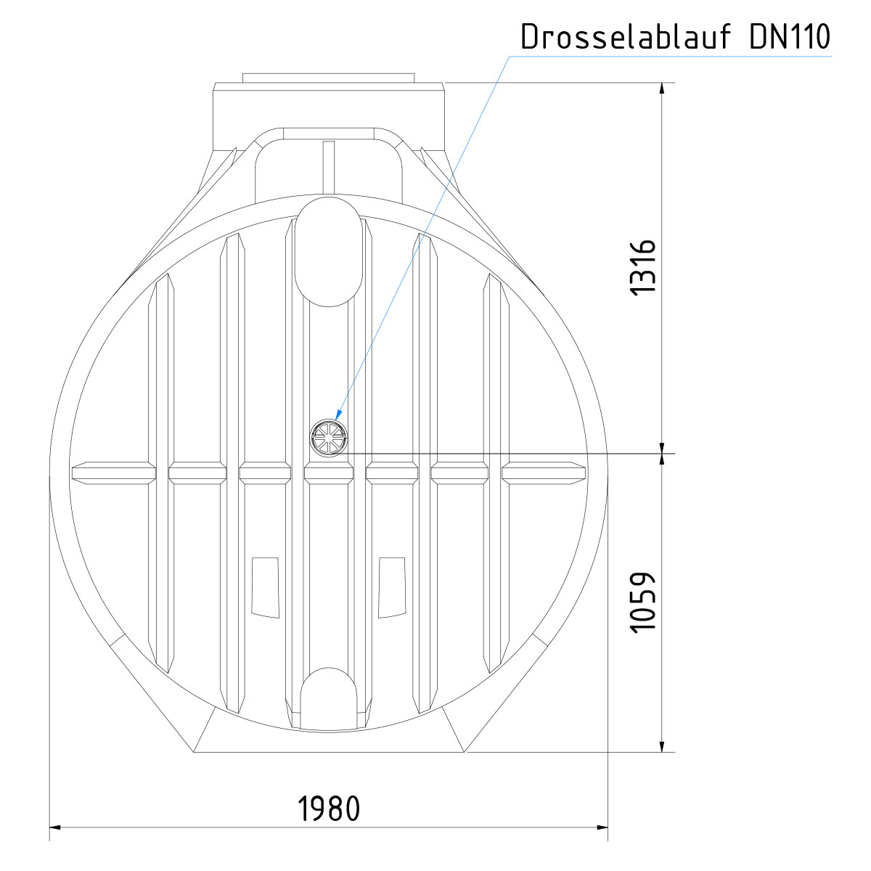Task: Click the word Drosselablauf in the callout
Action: (x=626, y=36)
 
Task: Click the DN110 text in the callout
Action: (x=790, y=36)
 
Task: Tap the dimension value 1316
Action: (x=643, y=268)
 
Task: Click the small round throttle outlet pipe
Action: (x=329, y=438)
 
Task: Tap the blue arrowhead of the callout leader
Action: (x=339, y=413)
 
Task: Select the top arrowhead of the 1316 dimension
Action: (x=662, y=89)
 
